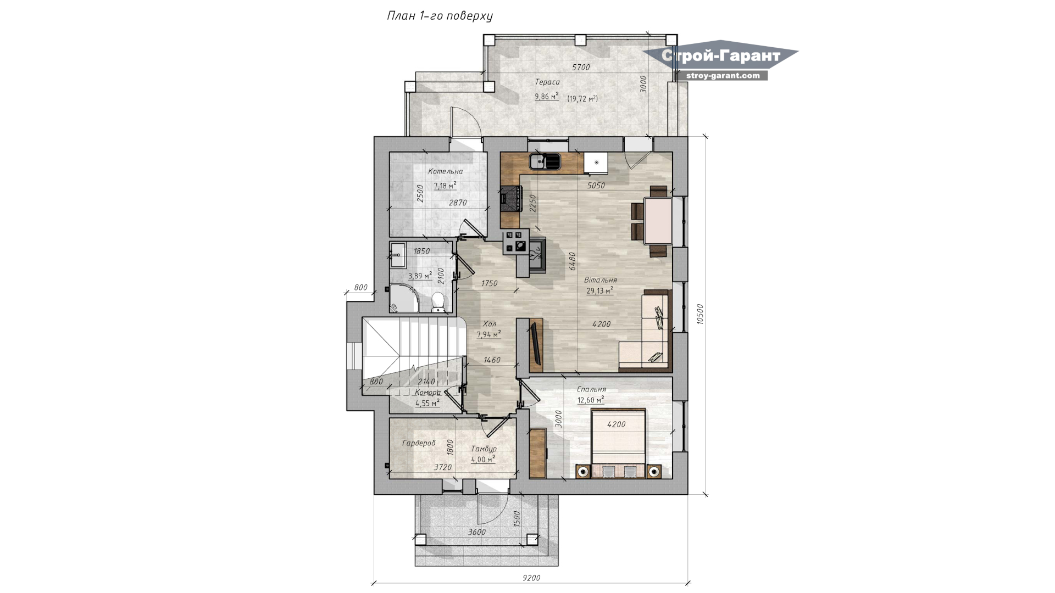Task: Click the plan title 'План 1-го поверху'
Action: (440, 16)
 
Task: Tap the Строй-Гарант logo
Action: (721, 60)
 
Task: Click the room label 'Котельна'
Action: (446, 171)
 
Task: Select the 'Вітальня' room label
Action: (601, 280)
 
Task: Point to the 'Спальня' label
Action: (591, 389)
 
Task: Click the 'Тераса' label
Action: (547, 82)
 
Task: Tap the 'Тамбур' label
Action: (484, 449)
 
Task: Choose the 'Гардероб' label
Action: (419, 443)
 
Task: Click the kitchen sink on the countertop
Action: (545, 161)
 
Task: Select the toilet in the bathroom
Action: (437, 302)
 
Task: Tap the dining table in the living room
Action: (658, 221)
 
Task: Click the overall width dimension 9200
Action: (531, 578)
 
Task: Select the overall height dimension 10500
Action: (699, 315)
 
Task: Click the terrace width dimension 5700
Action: (581, 68)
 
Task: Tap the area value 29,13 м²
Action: (599, 291)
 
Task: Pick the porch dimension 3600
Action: (477, 532)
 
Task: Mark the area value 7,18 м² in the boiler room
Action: (445, 186)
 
